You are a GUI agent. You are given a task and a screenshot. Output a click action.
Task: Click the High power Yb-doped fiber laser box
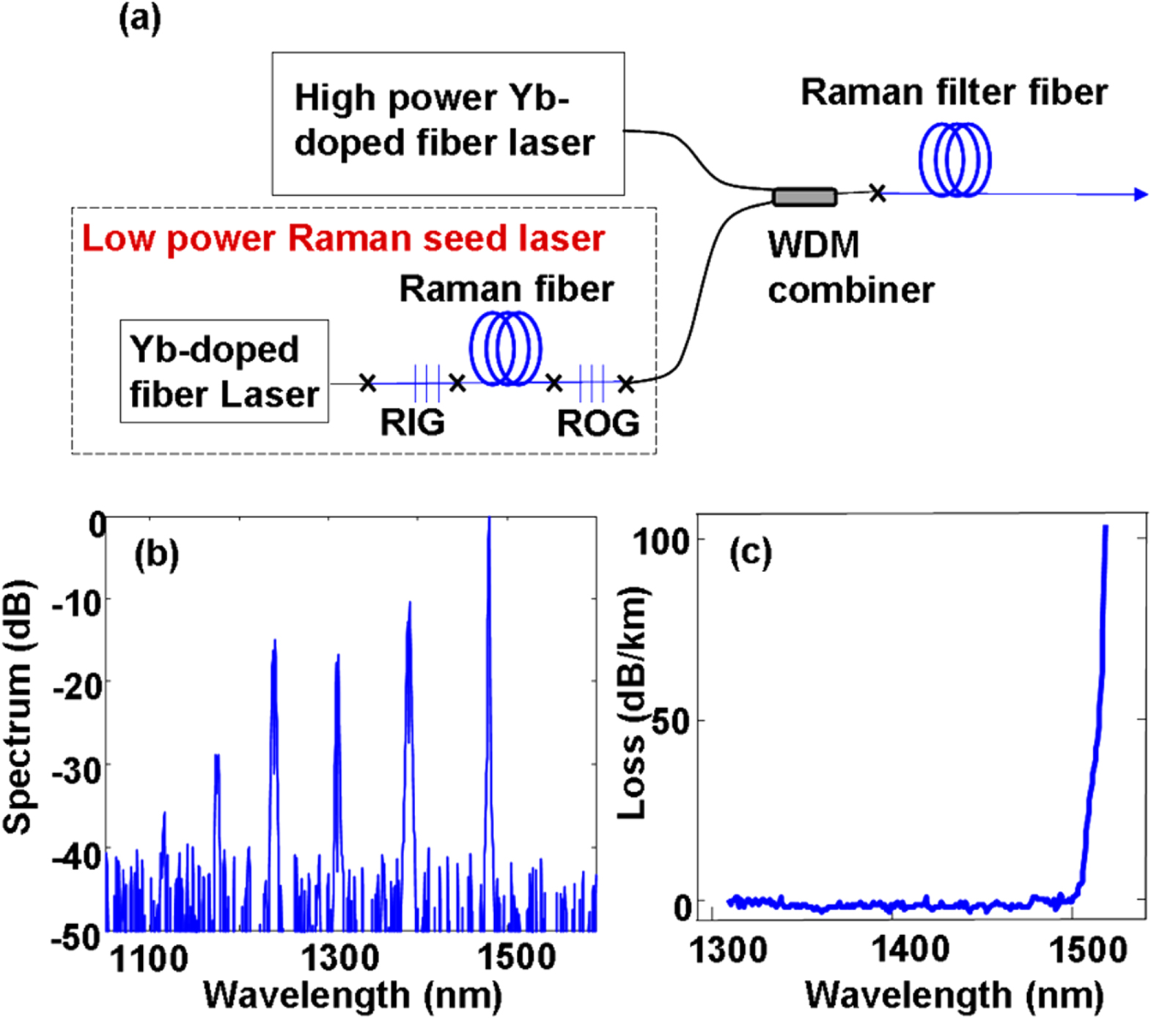tap(448, 122)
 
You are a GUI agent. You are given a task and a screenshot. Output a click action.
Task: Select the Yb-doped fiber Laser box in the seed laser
tap(224, 371)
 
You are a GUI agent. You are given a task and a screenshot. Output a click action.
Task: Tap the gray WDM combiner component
tap(804, 197)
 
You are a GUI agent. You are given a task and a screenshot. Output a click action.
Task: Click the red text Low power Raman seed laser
tap(342, 238)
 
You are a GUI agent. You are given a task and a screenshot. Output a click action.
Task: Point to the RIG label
tap(412, 422)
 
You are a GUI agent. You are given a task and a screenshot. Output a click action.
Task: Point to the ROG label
tap(597, 423)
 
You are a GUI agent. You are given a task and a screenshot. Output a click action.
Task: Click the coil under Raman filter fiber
tap(955, 160)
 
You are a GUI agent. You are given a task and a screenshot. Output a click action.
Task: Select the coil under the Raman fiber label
tap(505, 348)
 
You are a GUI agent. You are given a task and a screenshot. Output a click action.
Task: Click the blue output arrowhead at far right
tap(1140, 194)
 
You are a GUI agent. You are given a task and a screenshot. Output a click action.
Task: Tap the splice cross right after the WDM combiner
tap(877, 194)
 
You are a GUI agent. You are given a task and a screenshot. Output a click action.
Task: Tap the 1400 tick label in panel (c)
tap(909, 951)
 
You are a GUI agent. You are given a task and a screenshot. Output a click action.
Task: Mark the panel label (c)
tap(750, 552)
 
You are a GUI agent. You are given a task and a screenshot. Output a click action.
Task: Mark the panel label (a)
tap(139, 18)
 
